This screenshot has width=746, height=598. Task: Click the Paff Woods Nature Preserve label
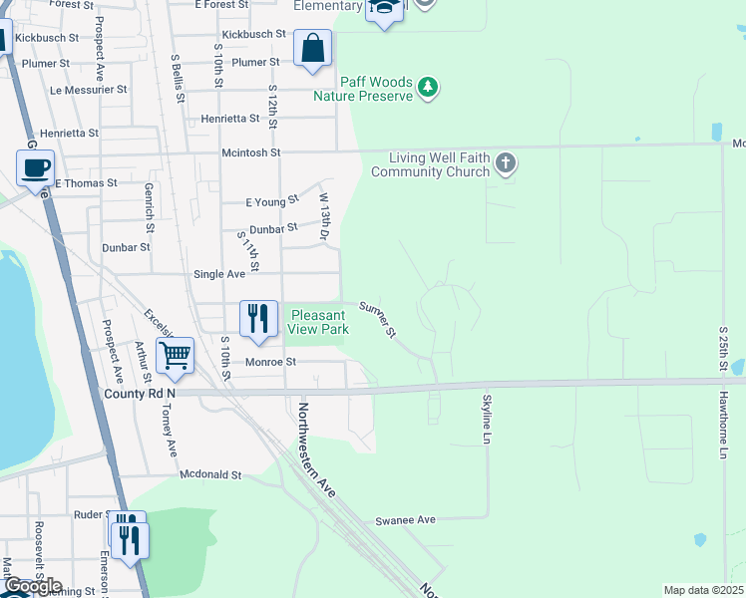(x=363, y=90)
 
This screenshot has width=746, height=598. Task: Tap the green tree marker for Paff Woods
(x=428, y=88)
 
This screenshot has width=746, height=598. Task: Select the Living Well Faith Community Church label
(x=430, y=164)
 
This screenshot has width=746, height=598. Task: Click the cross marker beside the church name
(x=507, y=162)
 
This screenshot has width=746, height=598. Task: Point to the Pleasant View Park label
(x=318, y=321)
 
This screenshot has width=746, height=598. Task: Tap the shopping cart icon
(x=175, y=355)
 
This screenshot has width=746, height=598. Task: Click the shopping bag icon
(x=312, y=48)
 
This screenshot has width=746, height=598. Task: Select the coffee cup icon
(x=35, y=166)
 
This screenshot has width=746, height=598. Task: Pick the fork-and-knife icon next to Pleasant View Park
(x=258, y=319)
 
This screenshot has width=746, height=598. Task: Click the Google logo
(x=32, y=587)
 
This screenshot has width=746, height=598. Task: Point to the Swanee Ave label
(x=406, y=520)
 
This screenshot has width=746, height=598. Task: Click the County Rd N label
(x=140, y=394)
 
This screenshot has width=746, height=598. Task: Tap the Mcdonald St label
(x=210, y=475)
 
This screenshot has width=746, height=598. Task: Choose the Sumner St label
(x=379, y=318)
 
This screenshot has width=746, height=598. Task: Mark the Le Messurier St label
(x=89, y=89)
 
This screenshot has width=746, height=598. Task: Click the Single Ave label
(x=218, y=274)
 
